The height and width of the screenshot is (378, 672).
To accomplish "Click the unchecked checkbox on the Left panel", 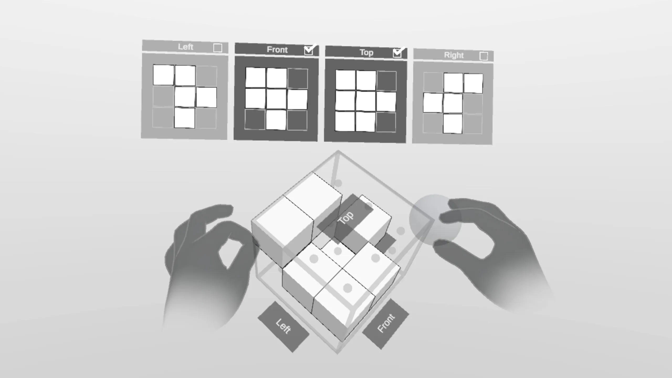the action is coord(218,48).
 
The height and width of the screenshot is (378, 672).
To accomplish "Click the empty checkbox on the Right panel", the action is coord(484,56).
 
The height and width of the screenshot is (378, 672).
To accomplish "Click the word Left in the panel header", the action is coord(186,47).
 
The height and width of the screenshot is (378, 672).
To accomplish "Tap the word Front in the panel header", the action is coord(277,50).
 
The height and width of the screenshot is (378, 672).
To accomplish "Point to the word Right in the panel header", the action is coord(454,55).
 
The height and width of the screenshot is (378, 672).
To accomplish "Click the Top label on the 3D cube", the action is coord(345,218).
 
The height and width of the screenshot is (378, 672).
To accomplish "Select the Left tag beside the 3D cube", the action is coord(283,327).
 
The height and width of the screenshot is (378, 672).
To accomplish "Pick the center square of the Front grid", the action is coord(276,99).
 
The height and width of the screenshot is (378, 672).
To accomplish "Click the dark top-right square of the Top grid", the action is coord(387,81).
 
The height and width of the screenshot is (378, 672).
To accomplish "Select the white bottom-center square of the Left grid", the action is coord(185,118).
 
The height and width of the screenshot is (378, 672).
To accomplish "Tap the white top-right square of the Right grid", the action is coord(473,83).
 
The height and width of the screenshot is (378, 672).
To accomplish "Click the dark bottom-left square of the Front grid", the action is coord(255,119).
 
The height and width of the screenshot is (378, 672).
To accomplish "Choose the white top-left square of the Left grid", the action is coord(164,75).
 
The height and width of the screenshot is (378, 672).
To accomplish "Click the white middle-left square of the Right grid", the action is coord(433,103).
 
